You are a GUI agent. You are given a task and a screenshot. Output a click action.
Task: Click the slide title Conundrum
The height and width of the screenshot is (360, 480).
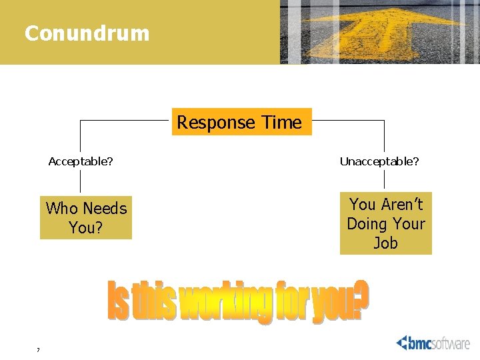click(x=87, y=33)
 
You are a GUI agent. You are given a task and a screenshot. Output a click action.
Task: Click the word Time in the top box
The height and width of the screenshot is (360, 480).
click(x=282, y=123)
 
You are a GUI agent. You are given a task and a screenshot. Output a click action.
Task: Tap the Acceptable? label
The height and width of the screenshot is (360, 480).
click(x=81, y=161)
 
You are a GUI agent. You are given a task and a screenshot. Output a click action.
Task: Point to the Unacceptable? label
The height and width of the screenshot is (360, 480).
click(x=379, y=161)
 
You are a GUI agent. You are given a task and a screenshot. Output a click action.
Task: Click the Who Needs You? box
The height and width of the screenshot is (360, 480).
click(x=86, y=218)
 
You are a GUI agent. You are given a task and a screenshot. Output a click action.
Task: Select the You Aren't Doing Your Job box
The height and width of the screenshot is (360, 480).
click(x=386, y=223)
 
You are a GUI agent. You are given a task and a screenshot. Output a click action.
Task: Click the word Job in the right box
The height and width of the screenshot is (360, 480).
click(x=386, y=243)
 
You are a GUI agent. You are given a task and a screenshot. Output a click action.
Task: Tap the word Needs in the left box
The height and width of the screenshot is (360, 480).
click(x=105, y=209)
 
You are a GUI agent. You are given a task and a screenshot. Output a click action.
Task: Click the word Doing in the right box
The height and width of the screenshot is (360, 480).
click(x=367, y=224)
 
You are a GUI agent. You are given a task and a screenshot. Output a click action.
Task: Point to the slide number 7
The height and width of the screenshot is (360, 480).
click(x=39, y=350)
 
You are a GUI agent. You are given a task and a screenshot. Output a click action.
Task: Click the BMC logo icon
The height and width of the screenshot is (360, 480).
click(x=406, y=343)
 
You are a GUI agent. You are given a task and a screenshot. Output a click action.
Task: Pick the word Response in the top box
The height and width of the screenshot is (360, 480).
click(x=216, y=123)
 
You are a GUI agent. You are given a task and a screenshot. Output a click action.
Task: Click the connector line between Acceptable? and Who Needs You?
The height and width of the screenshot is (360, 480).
click(x=81, y=181)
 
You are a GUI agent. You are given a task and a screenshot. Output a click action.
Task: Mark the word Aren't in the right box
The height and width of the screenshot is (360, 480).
click(x=401, y=204)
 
